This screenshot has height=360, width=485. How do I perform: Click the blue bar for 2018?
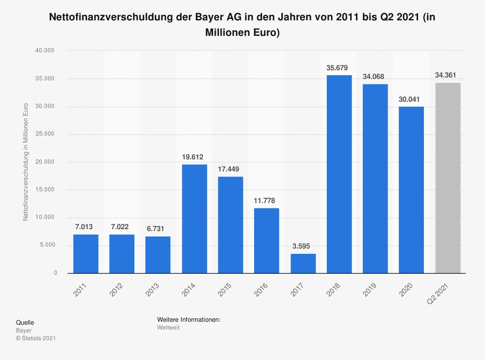(339, 174)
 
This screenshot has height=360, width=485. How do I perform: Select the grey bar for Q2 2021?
(448, 178)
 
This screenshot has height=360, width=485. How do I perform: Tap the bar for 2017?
(303, 263)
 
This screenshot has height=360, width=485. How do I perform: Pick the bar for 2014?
(194, 219)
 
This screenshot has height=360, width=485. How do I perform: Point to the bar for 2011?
(86, 253)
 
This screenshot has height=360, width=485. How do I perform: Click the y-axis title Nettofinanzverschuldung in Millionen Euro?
(26, 162)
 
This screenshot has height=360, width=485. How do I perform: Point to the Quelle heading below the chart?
(25, 323)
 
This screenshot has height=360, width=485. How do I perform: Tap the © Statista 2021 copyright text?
(36, 338)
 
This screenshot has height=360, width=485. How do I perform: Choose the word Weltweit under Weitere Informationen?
(168, 328)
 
